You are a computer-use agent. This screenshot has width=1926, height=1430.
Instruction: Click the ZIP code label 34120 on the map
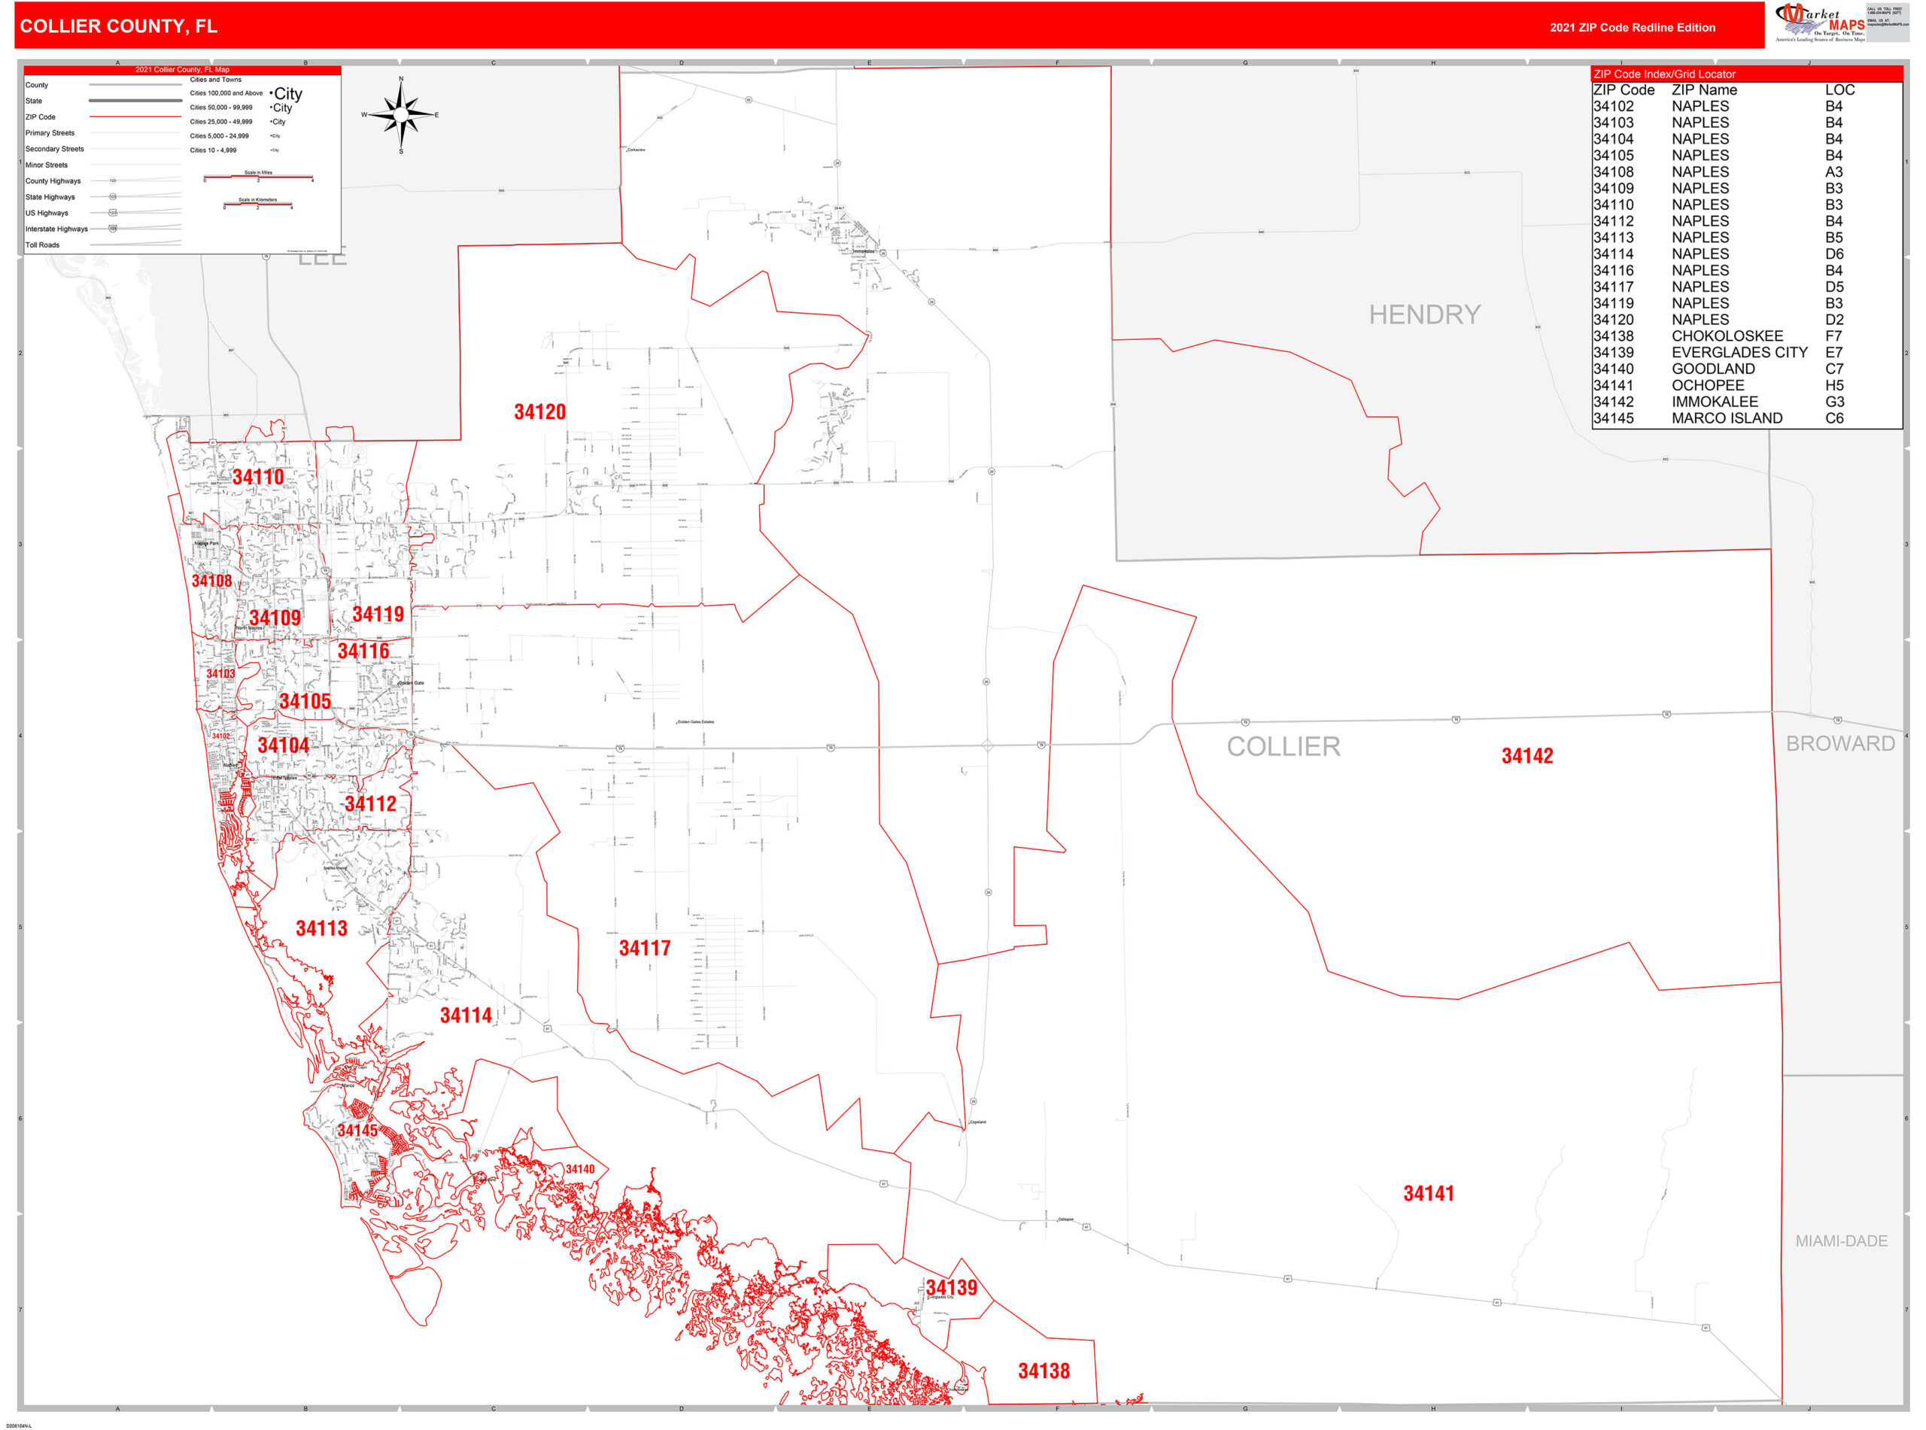(539, 412)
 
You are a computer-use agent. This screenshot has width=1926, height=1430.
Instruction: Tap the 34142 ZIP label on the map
(1527, 756)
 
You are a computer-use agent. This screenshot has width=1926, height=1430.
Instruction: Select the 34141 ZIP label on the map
(1428, 1194)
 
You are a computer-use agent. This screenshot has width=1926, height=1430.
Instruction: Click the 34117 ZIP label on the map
(644, 948)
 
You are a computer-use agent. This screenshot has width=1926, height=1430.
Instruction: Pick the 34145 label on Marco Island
(357, 1131)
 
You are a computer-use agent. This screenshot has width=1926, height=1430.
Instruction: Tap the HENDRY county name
(1424, 314)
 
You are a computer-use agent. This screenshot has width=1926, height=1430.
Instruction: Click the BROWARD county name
(1839, 743)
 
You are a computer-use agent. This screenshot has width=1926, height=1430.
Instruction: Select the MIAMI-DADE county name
(1840, 1240)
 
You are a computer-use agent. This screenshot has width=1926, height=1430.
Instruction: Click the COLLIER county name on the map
(1283, 746)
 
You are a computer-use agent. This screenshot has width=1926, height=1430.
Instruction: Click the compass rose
(400, 114)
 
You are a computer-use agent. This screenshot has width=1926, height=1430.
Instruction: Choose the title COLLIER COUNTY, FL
(119, 26)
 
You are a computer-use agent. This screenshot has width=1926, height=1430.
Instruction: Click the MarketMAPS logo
(1818, 23)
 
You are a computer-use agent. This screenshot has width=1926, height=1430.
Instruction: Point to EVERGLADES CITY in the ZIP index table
(1738, 352)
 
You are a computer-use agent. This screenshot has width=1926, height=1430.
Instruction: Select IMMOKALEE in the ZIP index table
(1714, 402)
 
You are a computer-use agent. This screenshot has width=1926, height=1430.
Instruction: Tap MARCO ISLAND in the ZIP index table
(1726, 418)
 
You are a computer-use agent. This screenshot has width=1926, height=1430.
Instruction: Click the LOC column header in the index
(1839, 90)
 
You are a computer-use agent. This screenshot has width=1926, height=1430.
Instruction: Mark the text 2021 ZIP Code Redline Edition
(1632, 28)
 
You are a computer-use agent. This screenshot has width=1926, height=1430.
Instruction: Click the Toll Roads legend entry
(42, 245)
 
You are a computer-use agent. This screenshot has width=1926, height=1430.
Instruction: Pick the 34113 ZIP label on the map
(321, 929)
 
